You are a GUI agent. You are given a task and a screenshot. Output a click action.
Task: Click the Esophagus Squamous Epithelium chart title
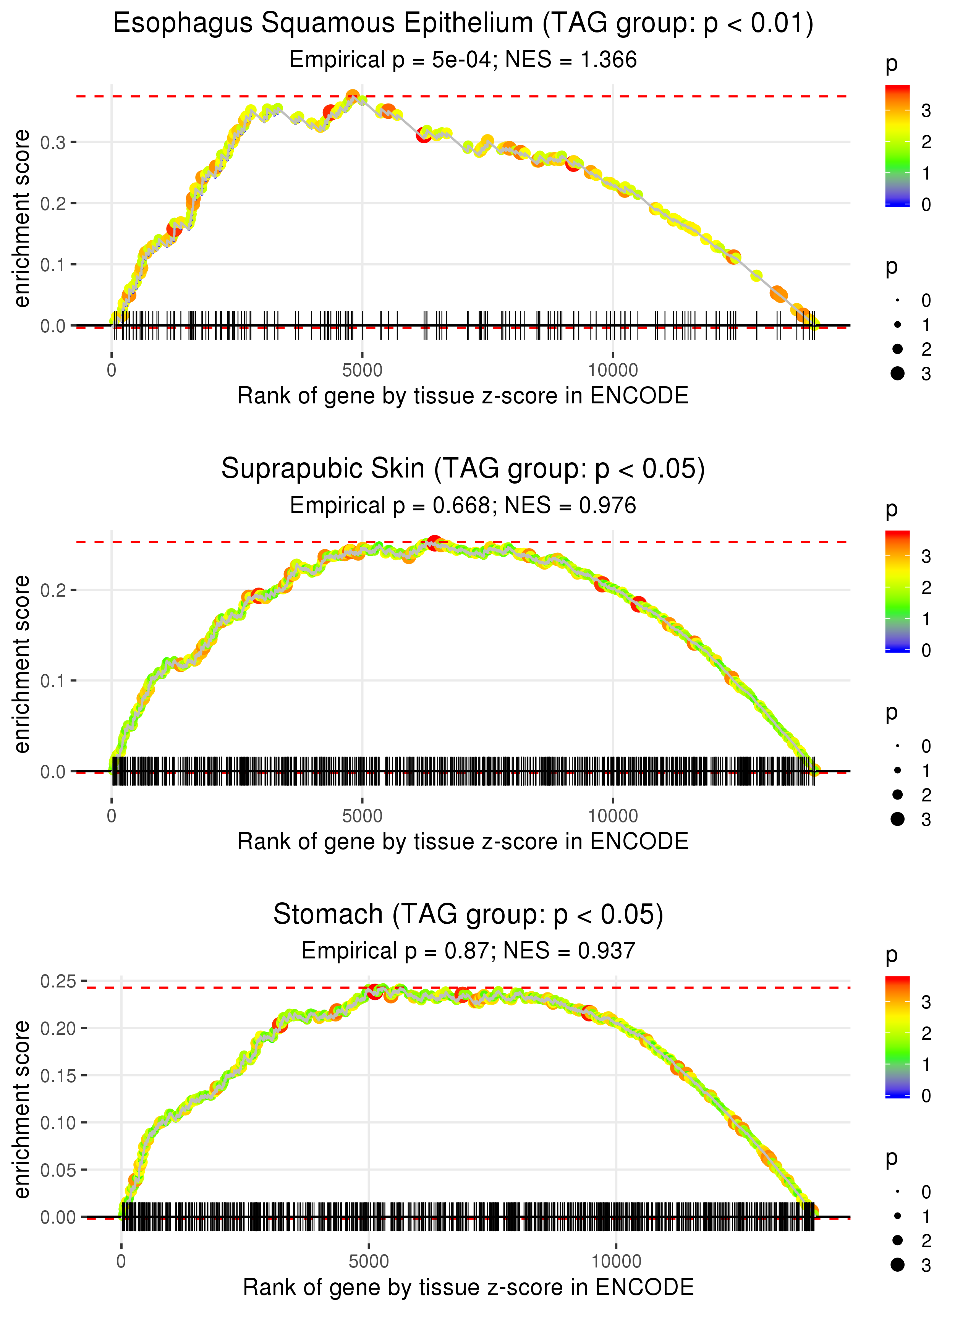pos(463,24)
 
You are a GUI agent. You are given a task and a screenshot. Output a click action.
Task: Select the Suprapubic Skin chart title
pos(463,469)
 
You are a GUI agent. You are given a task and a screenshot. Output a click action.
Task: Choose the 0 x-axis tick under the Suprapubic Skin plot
pos(112,816)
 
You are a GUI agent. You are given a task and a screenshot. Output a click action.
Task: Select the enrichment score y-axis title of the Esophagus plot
pos(22,219)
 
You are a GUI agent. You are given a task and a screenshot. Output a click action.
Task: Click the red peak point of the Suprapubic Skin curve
pos(434,542)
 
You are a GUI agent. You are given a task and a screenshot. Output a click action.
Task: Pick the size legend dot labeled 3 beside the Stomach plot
pos(897,1265)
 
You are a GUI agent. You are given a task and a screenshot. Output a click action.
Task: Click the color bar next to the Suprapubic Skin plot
pos(897,591)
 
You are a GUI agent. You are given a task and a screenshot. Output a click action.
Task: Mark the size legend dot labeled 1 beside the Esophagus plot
pos(897,325)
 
